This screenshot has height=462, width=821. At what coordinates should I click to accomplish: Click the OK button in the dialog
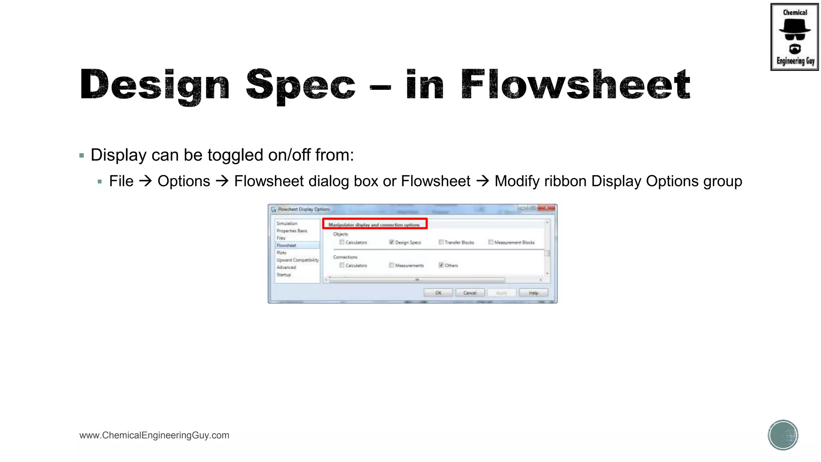click(x=438, y=293)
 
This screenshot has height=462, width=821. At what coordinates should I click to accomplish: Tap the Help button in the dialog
click(x=533, y=293)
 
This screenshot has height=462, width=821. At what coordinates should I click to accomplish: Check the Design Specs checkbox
click(x=392, y=242)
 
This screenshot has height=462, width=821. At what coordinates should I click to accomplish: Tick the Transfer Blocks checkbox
click(x=441, y=242)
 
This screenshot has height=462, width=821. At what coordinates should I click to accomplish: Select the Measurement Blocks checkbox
click(x=491, y=242)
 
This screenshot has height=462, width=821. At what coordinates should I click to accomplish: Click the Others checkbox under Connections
click(x=441, y=265)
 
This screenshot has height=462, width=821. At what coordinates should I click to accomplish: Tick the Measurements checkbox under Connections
click(x=392, y=265)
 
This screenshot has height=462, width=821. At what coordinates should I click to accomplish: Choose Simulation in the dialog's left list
click(x=287, y=223)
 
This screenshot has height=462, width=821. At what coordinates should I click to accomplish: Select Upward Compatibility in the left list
click(x=297, y=260)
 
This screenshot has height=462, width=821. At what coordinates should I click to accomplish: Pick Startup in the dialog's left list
click(x=284, y=275)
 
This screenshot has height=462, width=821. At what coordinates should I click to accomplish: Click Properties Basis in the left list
click(x=292, y=231)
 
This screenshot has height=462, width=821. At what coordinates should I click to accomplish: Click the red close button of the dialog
click(x=547, y=208)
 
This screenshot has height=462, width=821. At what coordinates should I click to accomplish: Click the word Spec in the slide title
click(x=301, y=85)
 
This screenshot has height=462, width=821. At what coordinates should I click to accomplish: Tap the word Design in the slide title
click(x=155, y=85)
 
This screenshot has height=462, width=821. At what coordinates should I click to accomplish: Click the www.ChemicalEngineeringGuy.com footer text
click(x=154, y=436)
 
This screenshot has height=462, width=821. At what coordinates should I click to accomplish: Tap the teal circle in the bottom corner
click(x=783, y=435)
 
